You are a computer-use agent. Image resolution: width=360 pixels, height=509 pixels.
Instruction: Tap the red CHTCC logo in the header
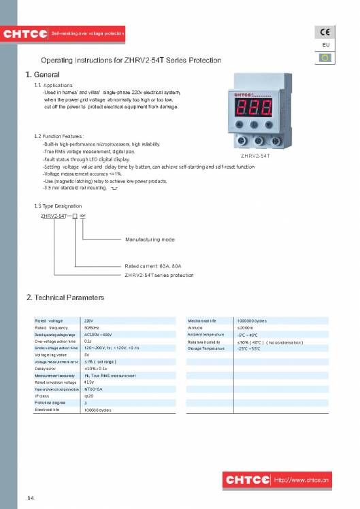(24, 33)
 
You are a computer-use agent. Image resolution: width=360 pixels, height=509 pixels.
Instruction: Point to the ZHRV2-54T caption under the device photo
(256, 156)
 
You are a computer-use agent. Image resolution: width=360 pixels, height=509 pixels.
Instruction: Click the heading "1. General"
(43, 74)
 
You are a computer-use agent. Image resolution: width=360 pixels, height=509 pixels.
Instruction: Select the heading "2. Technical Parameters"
(65, 297)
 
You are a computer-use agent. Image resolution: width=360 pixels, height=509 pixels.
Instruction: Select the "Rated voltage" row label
(48, 320)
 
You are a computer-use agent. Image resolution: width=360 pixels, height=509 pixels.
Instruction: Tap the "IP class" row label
(42, 395)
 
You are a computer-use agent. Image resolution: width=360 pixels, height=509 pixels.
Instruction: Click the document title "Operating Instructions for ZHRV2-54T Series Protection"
(131, 61)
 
